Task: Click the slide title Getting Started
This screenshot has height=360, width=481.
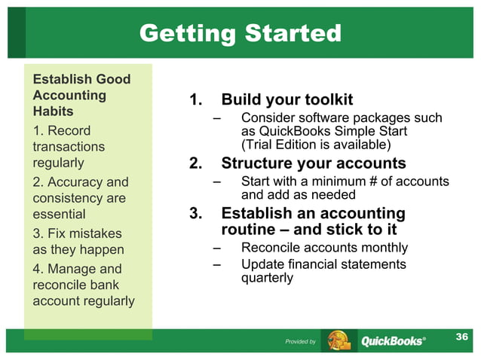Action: pyautogui.click(x=240, y=33)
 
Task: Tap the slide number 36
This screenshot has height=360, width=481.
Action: pyautogui.click(x=463, y=336)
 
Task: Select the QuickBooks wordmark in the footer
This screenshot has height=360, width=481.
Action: pyautogui.click(x=392, y=341)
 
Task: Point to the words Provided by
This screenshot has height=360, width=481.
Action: pyautogui.click(x=300, y=342)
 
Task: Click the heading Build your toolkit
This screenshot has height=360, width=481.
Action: pyautogui.click(x=286, y=100)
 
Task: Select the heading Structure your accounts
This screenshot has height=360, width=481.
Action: pyautogui.click(x=313, y=163)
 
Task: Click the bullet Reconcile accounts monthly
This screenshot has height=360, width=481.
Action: pyautogui.click(x=324, y=247)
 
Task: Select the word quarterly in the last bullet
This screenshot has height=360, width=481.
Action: pyautogui.click(x=267, y=277)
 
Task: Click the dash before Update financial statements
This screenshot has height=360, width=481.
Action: pyautogui.click(x=217, y=264)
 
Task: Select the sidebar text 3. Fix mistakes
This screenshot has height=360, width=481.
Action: pyautogui.click(x=70, y=233)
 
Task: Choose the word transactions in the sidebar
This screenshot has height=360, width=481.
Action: pyautogui.click(x=69, y=146)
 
